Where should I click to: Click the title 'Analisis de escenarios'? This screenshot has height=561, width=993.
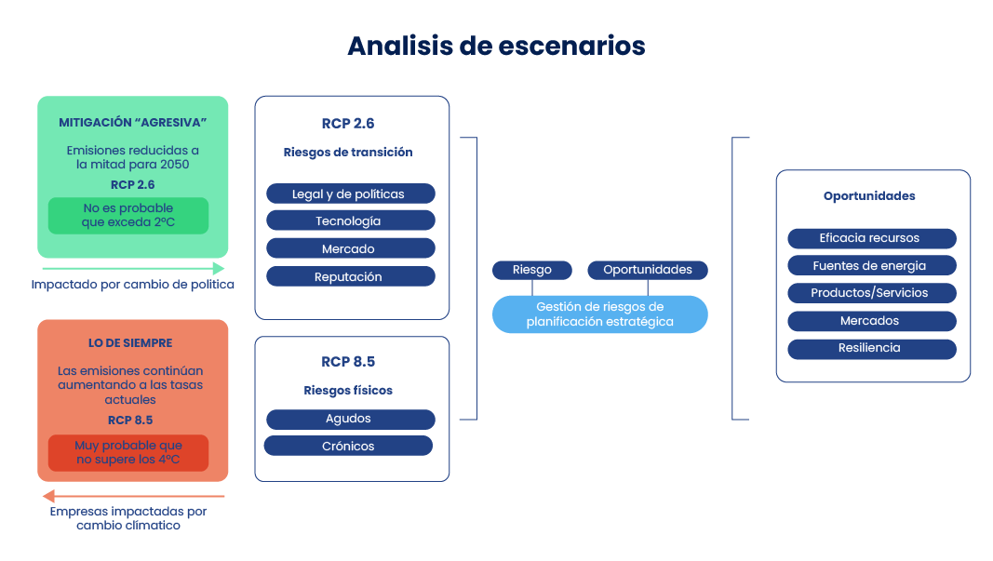coord(496,46)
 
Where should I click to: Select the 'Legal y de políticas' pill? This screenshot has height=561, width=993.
coord(350,194)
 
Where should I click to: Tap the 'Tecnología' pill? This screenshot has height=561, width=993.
coord(350,220)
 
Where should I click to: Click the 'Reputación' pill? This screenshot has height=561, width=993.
coord(350,276)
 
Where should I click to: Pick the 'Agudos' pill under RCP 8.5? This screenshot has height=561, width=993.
coord(350,419)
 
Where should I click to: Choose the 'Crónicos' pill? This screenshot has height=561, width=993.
coord(348,446)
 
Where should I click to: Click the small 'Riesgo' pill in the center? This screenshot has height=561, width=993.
coord(531,270)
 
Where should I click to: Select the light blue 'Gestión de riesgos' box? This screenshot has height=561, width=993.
coord(599,314)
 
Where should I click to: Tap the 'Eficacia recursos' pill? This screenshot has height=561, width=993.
coord(871,238)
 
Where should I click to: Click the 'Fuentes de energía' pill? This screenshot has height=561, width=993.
coord(871,265)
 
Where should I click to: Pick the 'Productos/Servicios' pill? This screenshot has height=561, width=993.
coord(871,293)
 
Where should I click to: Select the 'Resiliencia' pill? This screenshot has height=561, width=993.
coord(871,348)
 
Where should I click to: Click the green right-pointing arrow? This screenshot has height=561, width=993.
coord(131,268)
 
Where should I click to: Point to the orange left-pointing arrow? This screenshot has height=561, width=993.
coord(131,496)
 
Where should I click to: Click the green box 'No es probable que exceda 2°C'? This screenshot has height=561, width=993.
coord(128,216)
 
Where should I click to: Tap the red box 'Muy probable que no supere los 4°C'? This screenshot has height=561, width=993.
coord(128,453)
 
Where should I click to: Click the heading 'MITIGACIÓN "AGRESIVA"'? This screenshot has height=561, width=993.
coord(132,123)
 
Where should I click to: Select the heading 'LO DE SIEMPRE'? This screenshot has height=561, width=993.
coord(130,343)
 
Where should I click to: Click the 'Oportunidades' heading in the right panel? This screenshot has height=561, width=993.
coord(869,196)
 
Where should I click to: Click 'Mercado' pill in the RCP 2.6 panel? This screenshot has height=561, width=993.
coord(350,248)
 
